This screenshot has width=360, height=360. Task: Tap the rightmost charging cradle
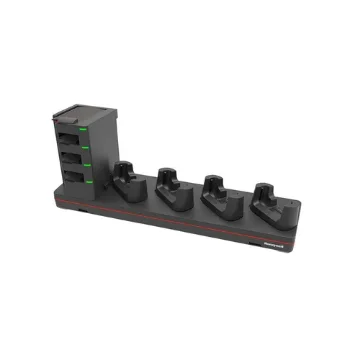tap(267, 199)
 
